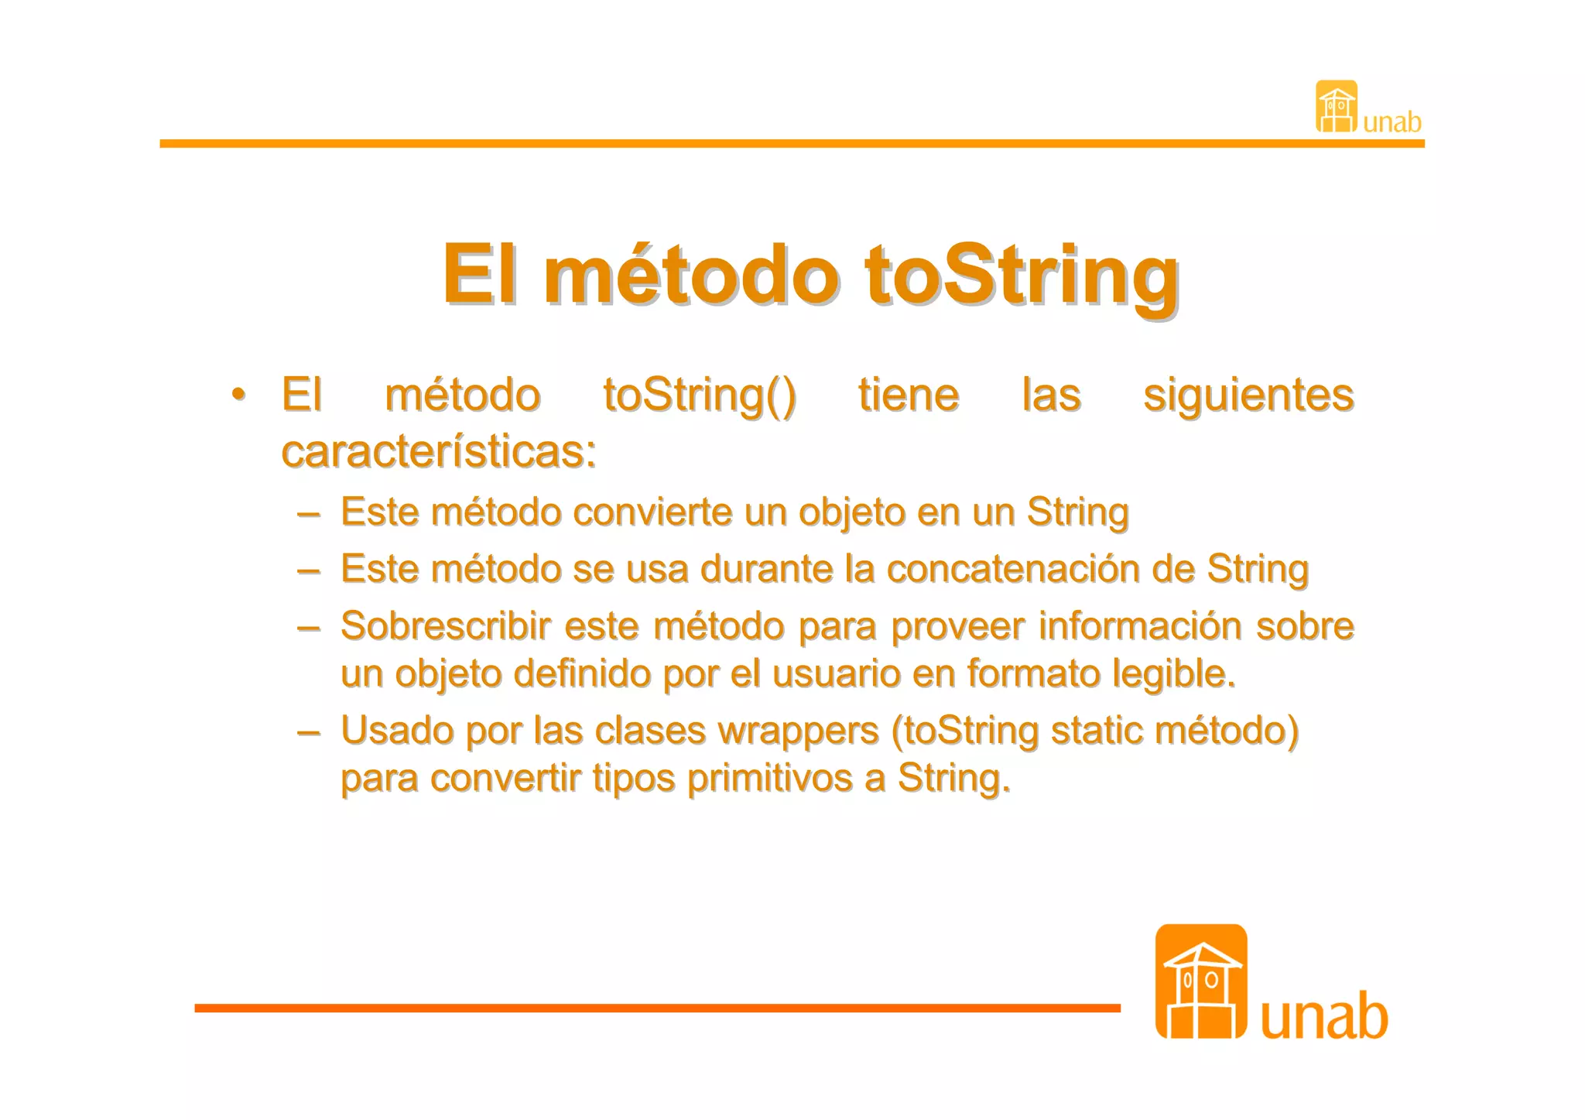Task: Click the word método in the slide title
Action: (690, 275)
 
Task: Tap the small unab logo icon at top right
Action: (1337, 107)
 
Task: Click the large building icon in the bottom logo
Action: (1200, 981)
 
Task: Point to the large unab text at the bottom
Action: (1324, 1016)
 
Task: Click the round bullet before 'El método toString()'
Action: (239, 394)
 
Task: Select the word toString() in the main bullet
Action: (699, 396)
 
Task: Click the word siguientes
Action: (1248, 396)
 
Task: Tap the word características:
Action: (439, 451)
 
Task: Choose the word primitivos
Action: (769, 779)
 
